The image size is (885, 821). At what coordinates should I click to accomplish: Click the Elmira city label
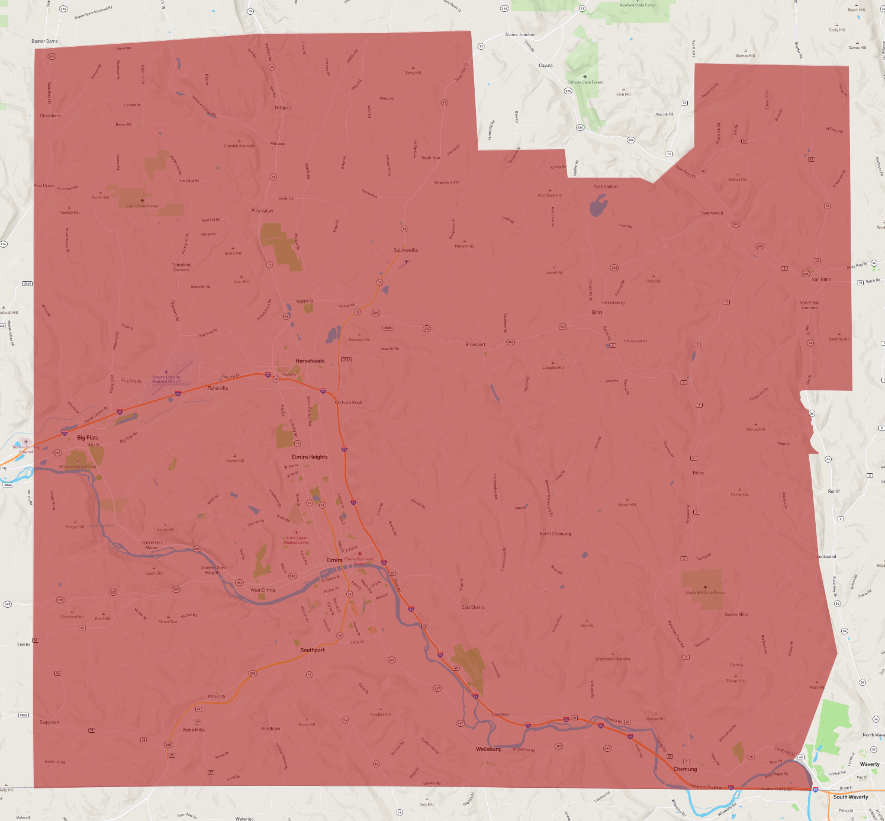[x=334, y=560]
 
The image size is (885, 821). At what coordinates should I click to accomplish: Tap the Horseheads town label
[x=310, y=361]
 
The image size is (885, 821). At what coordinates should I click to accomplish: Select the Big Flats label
[x=88, y=438]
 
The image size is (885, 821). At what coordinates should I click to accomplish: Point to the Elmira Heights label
[x=309, y=457]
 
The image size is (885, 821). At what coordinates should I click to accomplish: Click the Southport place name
[x=312, y=650]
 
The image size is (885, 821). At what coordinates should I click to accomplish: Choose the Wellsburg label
[x=488, y=749]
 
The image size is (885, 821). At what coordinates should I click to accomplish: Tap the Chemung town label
[x=685, y=769]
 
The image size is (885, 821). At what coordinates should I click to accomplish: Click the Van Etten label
[x=821, y=279]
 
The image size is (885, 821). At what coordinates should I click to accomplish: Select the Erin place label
[x=597, y=312]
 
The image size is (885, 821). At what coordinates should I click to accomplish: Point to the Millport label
[x=283, y=108]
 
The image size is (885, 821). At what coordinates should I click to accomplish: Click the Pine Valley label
[x=262, y=211]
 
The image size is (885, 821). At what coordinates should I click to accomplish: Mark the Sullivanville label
[x=406, y=250]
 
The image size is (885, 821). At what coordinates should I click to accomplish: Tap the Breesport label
[x=475, y=344]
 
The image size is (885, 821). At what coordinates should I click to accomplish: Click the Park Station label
[x=605, y=187]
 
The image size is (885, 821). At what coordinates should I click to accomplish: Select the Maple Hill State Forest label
[x=704, y=592]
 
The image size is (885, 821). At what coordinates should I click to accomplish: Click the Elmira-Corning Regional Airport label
[x=166, y=379]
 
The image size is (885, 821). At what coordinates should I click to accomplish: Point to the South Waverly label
[x=850, y=797]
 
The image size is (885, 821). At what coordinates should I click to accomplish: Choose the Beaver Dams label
[x=44, y=41]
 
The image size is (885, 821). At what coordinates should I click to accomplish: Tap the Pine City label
[x=216, y=697]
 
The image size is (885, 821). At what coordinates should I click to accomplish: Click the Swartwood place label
[x=712, y=213]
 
